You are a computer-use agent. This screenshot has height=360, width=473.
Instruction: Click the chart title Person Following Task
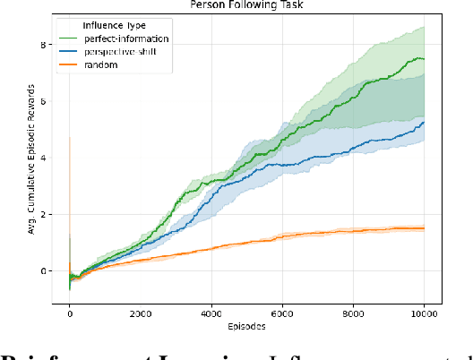245,4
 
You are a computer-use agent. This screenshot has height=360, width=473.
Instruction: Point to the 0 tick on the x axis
70,315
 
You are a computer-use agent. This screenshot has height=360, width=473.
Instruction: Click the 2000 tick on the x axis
141,315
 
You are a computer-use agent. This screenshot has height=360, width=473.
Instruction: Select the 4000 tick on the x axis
211,315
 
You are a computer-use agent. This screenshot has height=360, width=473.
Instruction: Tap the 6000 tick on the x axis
282,315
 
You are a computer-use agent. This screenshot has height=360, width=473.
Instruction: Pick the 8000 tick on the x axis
353,315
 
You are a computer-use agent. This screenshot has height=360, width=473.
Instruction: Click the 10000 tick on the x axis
424,315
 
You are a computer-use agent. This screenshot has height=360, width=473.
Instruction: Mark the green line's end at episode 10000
424,59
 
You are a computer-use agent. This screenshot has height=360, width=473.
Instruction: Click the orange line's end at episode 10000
424,228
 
